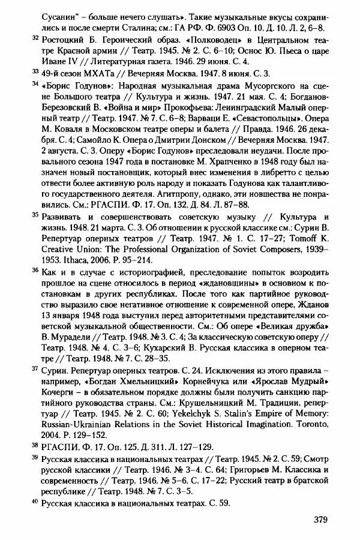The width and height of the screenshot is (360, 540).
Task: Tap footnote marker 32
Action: pos(34,37)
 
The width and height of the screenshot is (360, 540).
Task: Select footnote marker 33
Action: pos(34,71)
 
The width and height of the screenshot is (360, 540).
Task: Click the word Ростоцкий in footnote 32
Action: pos(62,39)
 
